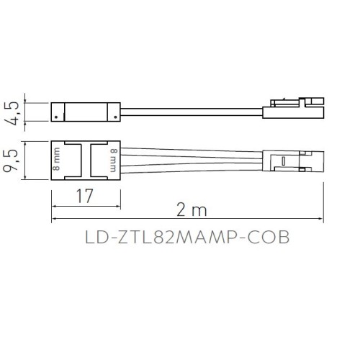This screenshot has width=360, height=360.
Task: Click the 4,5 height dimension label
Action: click(12, 113)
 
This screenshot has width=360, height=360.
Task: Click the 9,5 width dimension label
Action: click(11, 161)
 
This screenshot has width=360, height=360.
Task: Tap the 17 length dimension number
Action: click(84, 196)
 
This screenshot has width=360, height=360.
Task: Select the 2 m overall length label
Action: click(192, 210)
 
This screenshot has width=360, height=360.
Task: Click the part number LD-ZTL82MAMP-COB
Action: click(187, 237)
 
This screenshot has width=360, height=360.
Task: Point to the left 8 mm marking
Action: click(56, 159)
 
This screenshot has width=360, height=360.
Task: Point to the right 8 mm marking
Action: click(114, 161)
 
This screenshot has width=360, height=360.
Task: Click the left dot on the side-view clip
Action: click(56, 117)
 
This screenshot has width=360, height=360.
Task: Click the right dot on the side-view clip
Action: click(115, 117)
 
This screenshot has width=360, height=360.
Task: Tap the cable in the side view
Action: click(192, 112)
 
